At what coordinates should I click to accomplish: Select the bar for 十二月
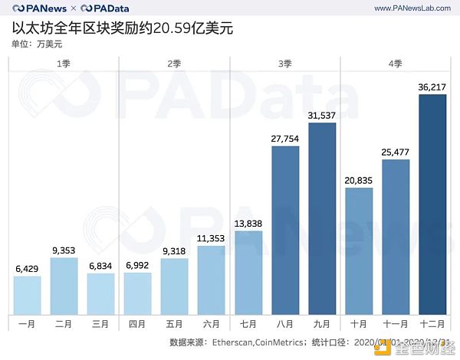432,204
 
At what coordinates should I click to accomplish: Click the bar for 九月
322,218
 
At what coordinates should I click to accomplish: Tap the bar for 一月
27,295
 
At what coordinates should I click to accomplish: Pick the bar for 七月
248,272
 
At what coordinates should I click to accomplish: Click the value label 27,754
285,138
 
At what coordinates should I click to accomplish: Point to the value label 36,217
432,87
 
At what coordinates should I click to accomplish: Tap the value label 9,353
64,250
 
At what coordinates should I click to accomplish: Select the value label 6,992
137,264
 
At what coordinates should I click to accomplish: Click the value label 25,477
396,151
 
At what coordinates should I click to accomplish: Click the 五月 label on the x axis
174,324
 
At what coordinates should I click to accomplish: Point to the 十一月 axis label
396,324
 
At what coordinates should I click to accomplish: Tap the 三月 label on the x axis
100,324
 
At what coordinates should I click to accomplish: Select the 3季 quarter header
285,64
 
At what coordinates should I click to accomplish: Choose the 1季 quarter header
64,64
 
